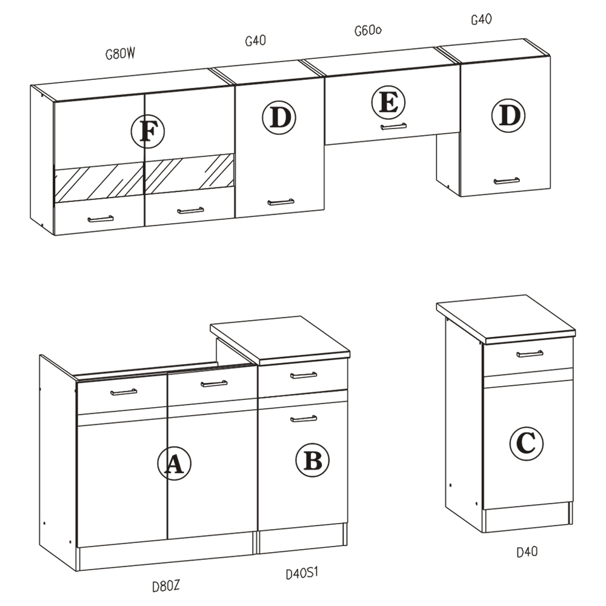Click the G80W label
pyautogui.click(x=120, y=54)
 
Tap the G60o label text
pyautogui.click(x=368, y=30)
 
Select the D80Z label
pyautogui.click(x=166, y=586)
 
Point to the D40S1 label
pyautogui.click(x=302, y=573)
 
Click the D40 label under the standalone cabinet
pyautogui.click(x=527, y=551)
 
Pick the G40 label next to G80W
pyautogui.click(x=256, y=40)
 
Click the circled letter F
pyautogui.click(x=148, y=132)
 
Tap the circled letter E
pyautogui.click(x=388, y=102)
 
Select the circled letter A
pyautogui.click(x=175, y=463)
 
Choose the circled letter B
pyautogui.click(x=313, y=460)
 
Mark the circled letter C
pyautogui.click(x=527, y=443)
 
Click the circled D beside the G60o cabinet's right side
pyautogui.click(x=508, y=115)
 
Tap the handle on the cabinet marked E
pyautogui.click(x=393, y=127)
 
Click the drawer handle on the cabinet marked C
pyautogui.click(x=530, y=353)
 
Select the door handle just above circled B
pyautogui.click(x=304, y=418)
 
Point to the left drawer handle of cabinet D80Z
pyautogui.click(x=124, y=392)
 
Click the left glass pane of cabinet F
pyautogui.click(x=99, y=182)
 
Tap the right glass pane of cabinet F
pyautogui.click(x=189, y=173)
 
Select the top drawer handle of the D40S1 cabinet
pyautogui.click(x=304, y=375)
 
